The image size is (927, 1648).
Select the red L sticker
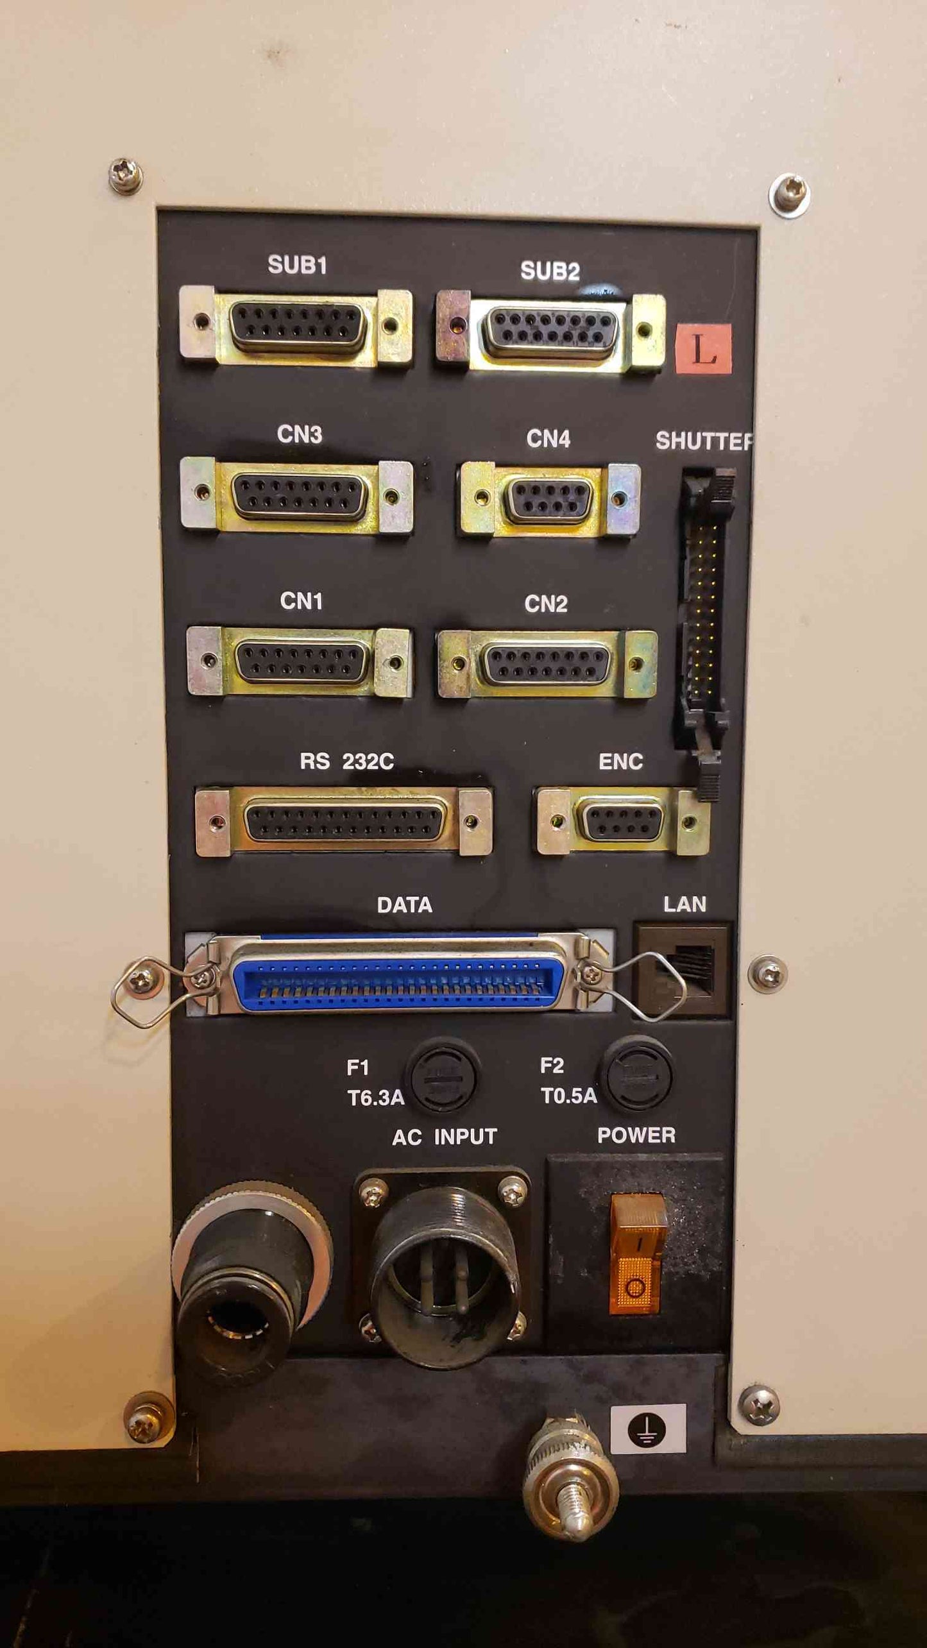tap(704, 348)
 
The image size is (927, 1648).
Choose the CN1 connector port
tap(300, 661)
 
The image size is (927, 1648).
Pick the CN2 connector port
tap(547, 664)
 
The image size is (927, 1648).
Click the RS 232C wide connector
tap(344, 821)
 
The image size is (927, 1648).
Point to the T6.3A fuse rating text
tap(376, 1098)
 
